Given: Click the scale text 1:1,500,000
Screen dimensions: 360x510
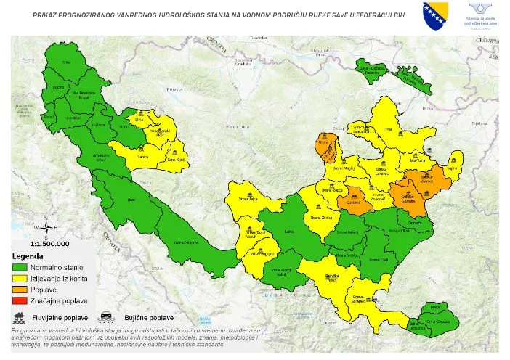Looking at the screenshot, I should pos(49,244).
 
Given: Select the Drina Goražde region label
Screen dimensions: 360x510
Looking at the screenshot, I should pos(448,321).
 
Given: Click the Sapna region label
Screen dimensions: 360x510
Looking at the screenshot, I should pos(451,166).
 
